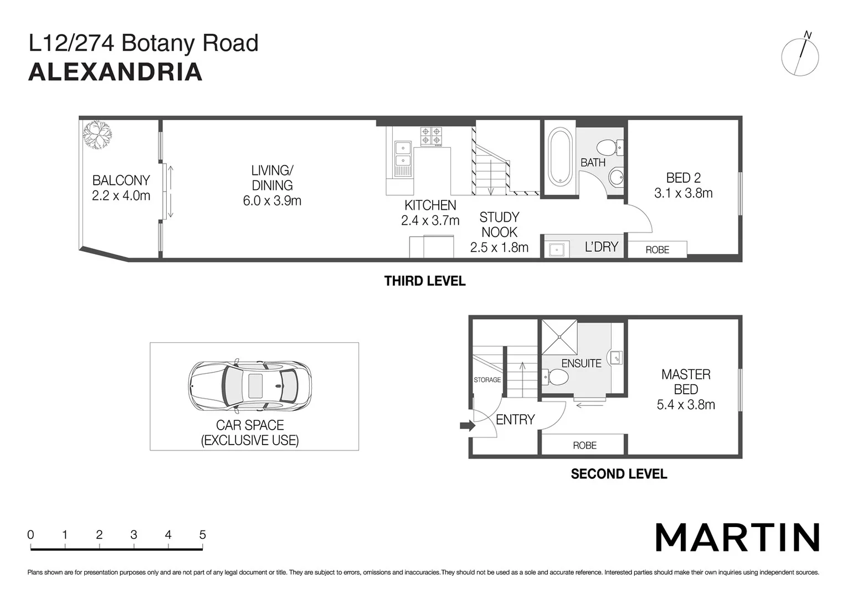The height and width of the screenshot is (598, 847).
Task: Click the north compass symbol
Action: coord(800,56)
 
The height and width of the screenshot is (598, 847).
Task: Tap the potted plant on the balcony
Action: coord(97,135)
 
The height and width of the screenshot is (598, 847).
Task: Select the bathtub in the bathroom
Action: coord(559,156)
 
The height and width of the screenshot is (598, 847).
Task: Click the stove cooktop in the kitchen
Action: coord(431,137)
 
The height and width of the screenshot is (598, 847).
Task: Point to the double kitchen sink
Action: coord(403,154)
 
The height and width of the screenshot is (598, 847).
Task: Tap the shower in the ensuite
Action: coord(559,337)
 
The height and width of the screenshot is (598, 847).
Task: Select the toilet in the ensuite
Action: coord(556,378)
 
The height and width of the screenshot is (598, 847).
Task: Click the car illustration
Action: coord(250,386)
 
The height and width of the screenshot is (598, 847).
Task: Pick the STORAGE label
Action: coord(487,380)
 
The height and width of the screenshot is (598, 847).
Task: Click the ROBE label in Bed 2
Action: coord(657,250)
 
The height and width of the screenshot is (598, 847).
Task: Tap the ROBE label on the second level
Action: coord(584,446)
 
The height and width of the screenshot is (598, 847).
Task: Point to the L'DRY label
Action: coord(601,247)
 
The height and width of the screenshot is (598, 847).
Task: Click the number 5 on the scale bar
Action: coord(202,535)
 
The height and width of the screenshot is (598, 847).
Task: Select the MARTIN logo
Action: coord(737,537)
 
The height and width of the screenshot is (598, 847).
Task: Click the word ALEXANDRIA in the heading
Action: coord(115,73)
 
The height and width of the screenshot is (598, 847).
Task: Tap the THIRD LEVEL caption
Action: coord(424,281)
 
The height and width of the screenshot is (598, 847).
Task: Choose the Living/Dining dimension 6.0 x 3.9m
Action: coord(272,201)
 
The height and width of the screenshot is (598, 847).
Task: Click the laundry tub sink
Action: coord(556,250)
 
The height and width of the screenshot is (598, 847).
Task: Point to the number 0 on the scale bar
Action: coord(30,535)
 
